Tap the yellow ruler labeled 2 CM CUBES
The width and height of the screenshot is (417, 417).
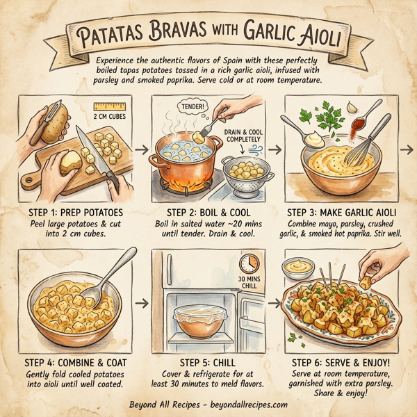(112, 106)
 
